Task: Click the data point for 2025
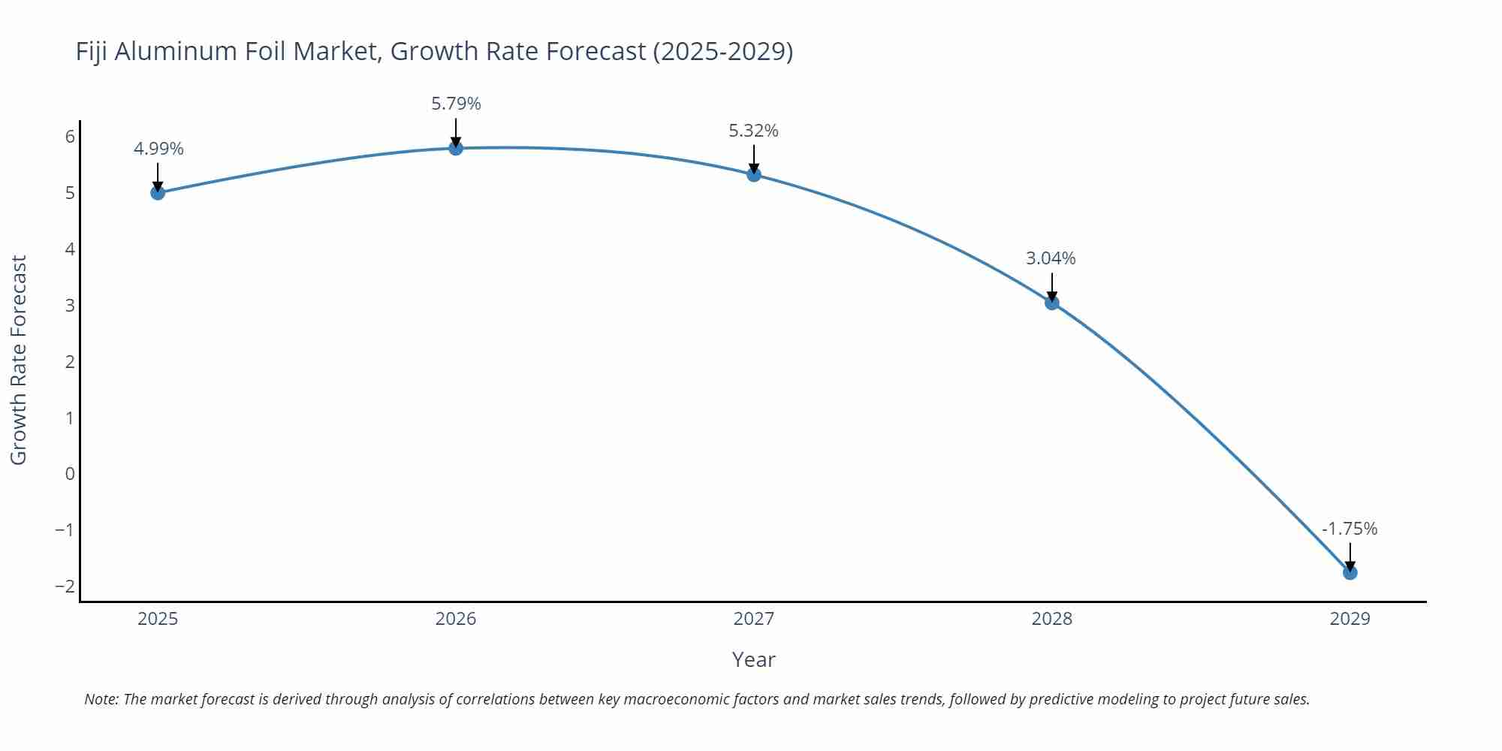tap(158, 193)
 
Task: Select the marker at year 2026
tap(456, 148)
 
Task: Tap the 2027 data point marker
tap(754, 175)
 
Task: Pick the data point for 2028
tap(1052, 303)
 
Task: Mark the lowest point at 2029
tap(1350, 573)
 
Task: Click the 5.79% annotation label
tap(456, 104)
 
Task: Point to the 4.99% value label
tap(158, 149)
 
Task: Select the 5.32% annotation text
tap(753, 131)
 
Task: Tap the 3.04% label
tap(1051, 258)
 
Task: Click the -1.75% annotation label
tap(1350, 529)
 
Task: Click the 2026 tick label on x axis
tap(456, 619)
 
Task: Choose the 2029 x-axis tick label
tap(1350, 619)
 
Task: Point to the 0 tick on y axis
tap(70, 474)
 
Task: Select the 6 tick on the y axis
tap(70, 137)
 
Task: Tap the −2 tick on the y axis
tap(65, 587)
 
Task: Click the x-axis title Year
tap(753, 660)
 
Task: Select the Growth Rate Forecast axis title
tap(19, 360)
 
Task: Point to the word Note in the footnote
tap(101, 699)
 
